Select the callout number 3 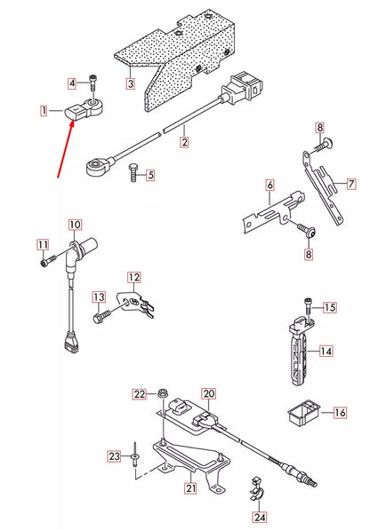coord(130,84)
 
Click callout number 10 coord(74,225)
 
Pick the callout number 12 coord(133,277)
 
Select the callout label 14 coord(326,352)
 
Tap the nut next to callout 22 coord(164,393)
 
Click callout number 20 coord(209,393)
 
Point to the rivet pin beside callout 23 coord(131,455)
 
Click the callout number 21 coord(190,488)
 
